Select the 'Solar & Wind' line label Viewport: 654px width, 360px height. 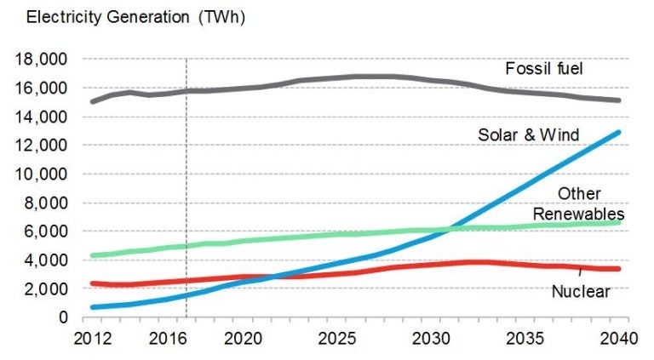point(528,134)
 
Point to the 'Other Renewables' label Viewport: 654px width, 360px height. point(579,204)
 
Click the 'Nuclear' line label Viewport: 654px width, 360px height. point(581,292)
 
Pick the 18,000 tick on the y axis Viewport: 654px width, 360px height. point(41,60)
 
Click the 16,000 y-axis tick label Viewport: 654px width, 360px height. point(41,89)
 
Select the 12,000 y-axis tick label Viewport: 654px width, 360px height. point(41,146)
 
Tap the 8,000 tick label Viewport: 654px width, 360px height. point(45,203)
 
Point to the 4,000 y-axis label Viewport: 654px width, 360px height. point(45,260)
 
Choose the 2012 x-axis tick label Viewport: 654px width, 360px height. point(94,336)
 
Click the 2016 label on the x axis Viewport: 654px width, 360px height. point(167,336)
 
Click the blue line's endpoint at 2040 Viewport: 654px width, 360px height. point(618,132)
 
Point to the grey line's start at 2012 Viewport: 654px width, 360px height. point(92,101)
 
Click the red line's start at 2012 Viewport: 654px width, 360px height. point(92,283)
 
